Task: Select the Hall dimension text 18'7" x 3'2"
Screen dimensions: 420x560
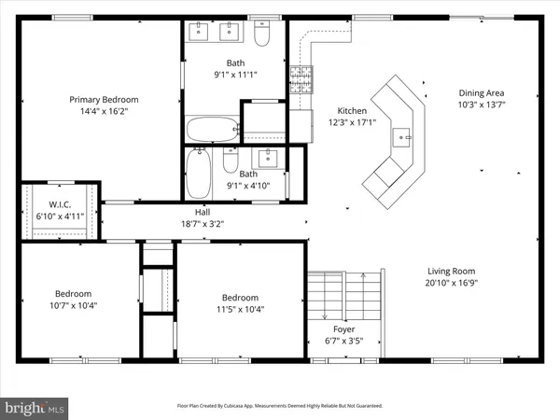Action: point(203,223)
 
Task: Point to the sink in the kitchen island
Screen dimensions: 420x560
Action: point(405,138)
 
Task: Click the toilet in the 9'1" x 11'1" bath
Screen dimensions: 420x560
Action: point(262,35)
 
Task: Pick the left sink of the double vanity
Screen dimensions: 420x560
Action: point(199,32)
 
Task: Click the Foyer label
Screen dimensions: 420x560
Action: point(343,329)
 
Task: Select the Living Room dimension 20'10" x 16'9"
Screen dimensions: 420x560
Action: point(451,283)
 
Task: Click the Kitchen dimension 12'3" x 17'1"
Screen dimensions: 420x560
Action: point(350,122)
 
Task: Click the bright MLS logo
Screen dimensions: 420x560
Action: point(35,407)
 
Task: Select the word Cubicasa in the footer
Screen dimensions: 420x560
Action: point(241,406)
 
